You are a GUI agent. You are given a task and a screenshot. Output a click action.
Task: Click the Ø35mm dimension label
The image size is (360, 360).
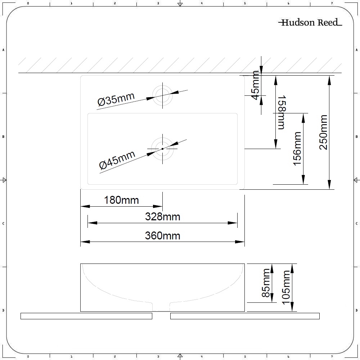coord(116,99)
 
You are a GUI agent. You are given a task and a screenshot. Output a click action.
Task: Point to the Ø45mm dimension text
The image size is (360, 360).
coord(117,160)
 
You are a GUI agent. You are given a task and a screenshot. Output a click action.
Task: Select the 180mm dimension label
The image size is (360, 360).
coord(121,200)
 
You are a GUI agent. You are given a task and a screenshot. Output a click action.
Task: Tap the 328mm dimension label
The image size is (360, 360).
coord(162,217)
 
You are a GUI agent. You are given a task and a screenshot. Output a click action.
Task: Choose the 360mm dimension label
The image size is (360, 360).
coord(162,236)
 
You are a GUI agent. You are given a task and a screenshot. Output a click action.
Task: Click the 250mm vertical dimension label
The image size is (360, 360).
coord(323,132)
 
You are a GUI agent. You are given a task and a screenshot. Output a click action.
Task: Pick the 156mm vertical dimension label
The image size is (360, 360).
coord(297,148)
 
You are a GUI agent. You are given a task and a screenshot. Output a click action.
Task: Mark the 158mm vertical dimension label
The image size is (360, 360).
coord(281,112)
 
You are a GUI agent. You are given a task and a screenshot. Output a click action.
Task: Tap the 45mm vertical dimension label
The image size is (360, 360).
coord(255,86)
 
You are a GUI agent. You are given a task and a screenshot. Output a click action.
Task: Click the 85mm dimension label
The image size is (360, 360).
coord(266,283)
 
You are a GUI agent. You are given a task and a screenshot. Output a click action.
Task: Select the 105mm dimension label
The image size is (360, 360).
coord(286,287)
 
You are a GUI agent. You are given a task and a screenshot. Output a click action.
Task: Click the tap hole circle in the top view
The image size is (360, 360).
coord(162,95)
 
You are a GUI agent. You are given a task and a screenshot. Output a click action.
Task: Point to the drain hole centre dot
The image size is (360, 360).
coord(162,149)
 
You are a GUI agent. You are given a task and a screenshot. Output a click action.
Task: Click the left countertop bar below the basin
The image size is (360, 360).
coord(86,316)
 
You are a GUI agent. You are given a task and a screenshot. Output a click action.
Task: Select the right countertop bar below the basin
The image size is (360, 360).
coord(245,316)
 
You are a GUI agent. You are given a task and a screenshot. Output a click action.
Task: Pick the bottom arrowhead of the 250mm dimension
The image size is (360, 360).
coord(329,185)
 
